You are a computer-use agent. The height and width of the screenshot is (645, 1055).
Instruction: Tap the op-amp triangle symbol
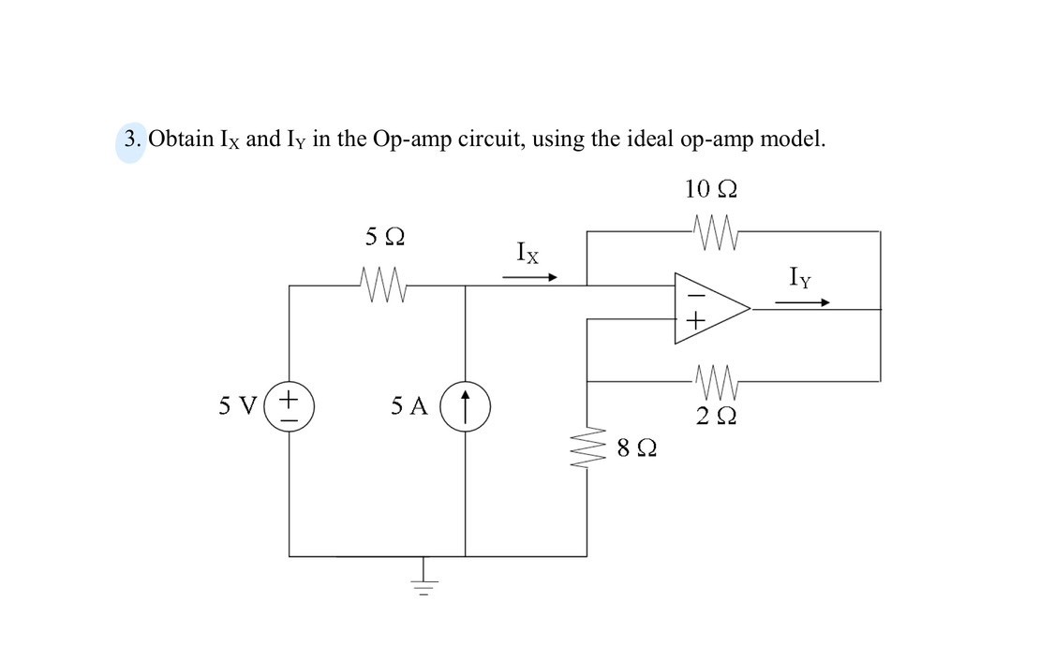[711, 307]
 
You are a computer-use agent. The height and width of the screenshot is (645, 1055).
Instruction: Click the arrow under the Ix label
[530, 277]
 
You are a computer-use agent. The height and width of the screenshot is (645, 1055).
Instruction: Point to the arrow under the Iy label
[802, 302]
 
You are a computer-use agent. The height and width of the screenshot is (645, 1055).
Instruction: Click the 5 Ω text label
[384, 238]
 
